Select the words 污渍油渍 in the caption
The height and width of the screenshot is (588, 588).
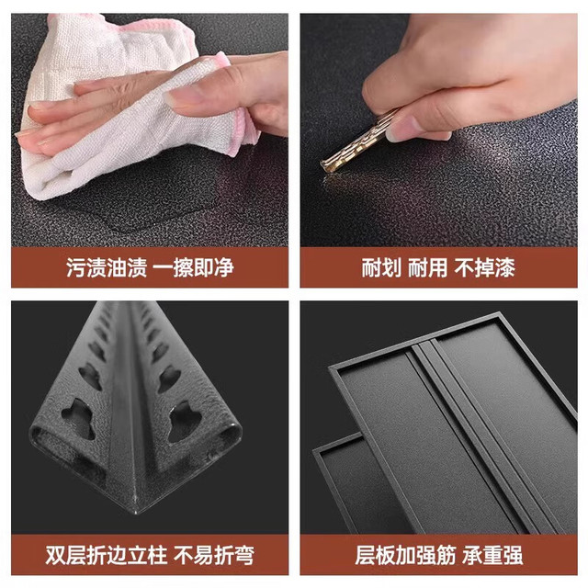[107, 267]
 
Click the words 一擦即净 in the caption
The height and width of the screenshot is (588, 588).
[194, 267]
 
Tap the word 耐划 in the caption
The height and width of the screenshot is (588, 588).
[381, 267]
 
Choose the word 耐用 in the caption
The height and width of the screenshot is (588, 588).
[427, 267]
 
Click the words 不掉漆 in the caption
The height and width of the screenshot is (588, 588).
[484, 267]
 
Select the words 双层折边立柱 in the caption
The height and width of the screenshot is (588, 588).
[107, 555]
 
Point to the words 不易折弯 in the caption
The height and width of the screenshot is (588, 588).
[214, 555]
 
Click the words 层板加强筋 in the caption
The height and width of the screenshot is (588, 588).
[405, 555]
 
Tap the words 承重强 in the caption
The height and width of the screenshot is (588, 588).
[492, 555]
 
